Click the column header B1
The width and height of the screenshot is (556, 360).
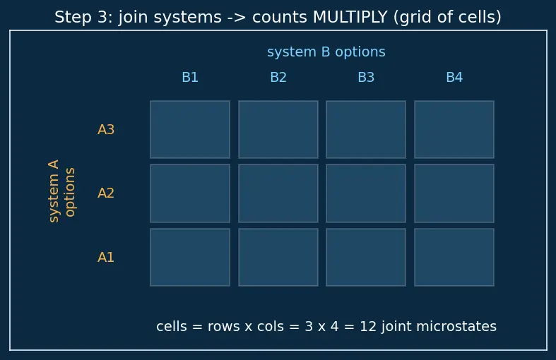pyautogui.click(x=190, y=77)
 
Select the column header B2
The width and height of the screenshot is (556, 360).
pyautogui.click(x=278, y=77)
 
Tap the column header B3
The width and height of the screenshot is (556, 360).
pyautogui.click(x=366, y=77)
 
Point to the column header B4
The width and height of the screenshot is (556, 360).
pyautogui.click(x=454, y=77)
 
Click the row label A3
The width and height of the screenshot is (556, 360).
pyautogui.click(x=106, y=130)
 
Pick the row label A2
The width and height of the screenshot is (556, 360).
pyautogui.click(x=106, y=193)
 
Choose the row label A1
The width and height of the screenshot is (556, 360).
pyautogui.click(x=106, y=257)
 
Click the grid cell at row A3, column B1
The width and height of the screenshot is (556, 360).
pyautogui.click(x=190, y=129)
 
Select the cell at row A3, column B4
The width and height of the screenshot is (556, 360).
pyautogui.click(x=454, y=129)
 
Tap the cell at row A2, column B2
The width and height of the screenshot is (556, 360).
pyautogui.click(x=278, y=193)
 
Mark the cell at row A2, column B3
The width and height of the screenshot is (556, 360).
pyautogui.click(x=366, y=193)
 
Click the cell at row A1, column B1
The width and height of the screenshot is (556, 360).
pyautogui.click(x=190, y=257)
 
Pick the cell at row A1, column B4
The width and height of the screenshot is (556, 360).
pyautogui.click(x=454, y=257)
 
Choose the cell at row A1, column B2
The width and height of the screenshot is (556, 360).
pyautogui.click(x=278, y=257)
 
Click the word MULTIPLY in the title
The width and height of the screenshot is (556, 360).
pyautogui.click(x=350, y=17)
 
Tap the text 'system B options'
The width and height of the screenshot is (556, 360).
pyautogui.click(x=326, y=52)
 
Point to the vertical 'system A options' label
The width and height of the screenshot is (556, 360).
pyautogui.click(x=61, y=191)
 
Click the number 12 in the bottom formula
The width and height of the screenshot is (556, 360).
pyautogui.click(x=367, y=326)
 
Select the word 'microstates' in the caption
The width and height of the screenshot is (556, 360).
pyautogui.click(x=456, y=326)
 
